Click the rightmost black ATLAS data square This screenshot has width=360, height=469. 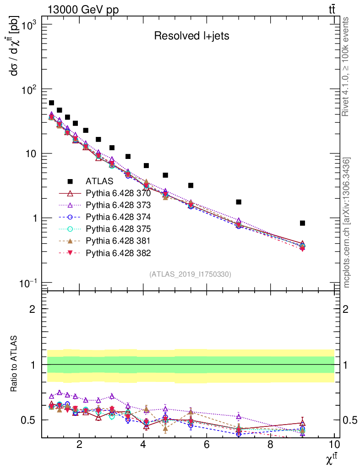pyautogui.click(x=302, y=223)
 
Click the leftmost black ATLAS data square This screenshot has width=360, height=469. pyautogui.click(x=51, y=103)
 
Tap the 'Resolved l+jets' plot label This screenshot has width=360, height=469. pyautogui.click(x=191, y=36)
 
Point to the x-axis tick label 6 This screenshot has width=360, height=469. pyautogui.click(x=207, y=445)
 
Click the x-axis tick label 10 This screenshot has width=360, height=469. pyautogui.click(x=334, y=445)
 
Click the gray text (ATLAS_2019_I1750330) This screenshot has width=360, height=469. pyautogui.click(x=190, y=274)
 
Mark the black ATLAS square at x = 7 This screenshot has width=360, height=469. pyautogui.click(x=239, y=202)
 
